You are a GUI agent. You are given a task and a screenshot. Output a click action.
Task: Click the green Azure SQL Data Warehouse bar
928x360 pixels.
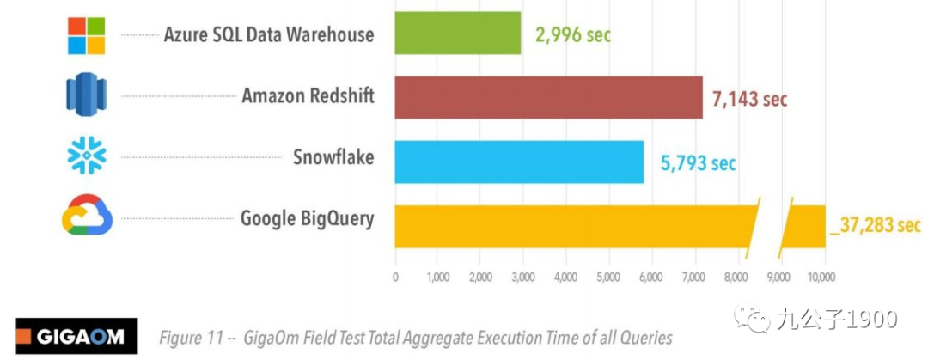coord(457,34)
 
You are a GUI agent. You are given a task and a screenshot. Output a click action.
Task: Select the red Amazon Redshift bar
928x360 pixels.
coord(548,96)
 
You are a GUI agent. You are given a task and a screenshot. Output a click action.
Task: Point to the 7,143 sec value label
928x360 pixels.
coord(749,99)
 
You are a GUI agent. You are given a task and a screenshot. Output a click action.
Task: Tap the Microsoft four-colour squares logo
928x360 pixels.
coord(86,34)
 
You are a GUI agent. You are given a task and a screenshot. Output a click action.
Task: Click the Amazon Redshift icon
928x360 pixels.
coord(86,95)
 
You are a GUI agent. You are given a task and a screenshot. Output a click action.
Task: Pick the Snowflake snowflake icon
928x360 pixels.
coord(87,156)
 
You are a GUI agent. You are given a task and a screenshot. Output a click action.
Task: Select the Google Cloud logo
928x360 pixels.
coord(87,217)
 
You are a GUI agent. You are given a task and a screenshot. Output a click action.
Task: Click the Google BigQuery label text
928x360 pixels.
coord(307,218)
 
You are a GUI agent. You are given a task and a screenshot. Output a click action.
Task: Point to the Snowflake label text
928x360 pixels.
coord(333,157)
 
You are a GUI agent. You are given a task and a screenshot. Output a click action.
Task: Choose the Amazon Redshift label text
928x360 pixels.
coord(308,95)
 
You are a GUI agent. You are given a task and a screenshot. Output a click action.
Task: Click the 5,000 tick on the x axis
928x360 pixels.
coord(607,277)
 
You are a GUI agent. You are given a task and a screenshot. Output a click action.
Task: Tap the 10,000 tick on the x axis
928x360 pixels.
coord(821,277)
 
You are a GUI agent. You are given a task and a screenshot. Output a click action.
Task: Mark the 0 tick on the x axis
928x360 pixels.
coord(395,277)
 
